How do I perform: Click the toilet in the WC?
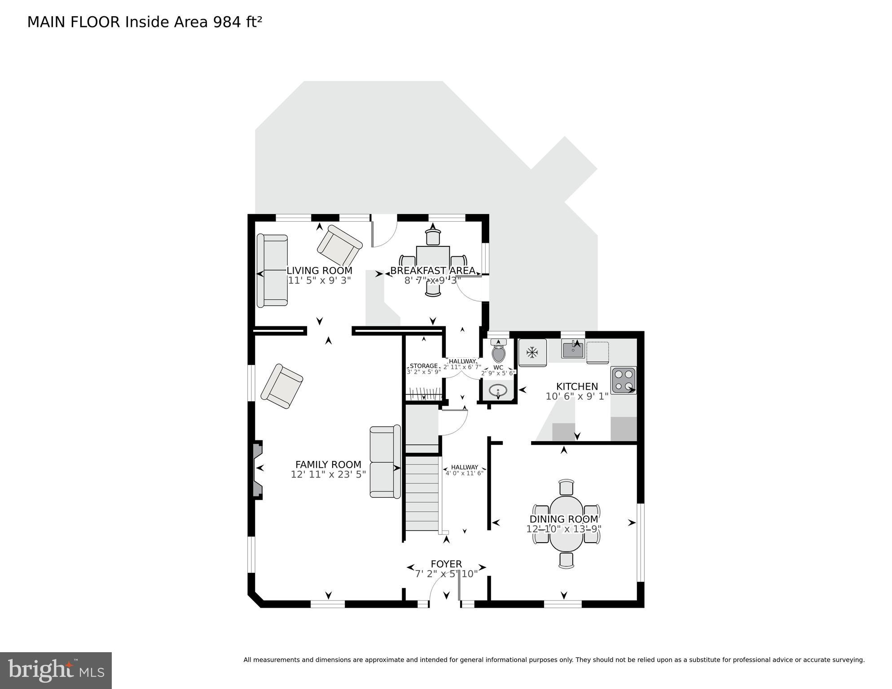click(x=498, y=352)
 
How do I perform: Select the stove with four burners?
click(x=624, y=380)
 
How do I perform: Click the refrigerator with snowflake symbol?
click(x=532, y=352)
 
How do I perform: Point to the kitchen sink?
click(x=573, y=350)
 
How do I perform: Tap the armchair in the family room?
click(x=282, y=386)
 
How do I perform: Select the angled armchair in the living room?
click(x=339, y=246)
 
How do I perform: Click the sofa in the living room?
click(x=272, y=270)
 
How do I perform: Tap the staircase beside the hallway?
click(x=422, y=493)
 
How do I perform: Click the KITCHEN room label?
click(x=577, y=386)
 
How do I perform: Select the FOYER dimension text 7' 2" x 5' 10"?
click(x=446, y=574)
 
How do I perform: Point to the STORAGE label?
click(x=423, y=366)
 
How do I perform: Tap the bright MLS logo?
click(x=56, y=671)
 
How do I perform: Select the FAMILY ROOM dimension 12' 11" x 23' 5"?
click(x=328, y=474)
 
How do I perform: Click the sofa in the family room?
click(x=385, y=462)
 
